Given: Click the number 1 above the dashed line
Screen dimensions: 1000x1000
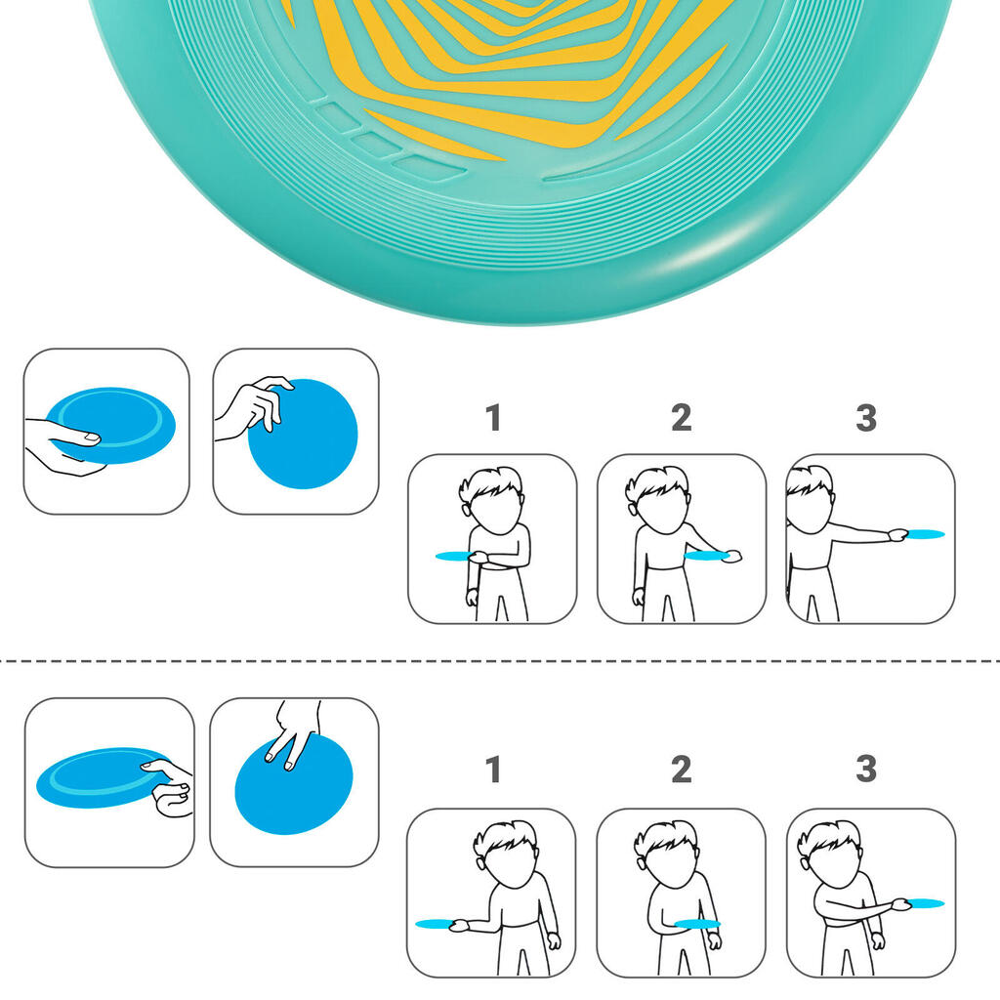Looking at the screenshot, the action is pos(493,418).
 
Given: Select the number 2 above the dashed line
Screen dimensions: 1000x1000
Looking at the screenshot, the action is pos(681,418).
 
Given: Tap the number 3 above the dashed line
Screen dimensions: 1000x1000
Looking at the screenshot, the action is pos(866,418).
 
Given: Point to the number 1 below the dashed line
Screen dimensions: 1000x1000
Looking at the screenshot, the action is pos(493,770).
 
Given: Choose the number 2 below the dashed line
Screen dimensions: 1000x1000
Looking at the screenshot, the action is pos(681,770).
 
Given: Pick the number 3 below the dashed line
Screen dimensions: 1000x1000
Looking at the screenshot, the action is pos(866,770).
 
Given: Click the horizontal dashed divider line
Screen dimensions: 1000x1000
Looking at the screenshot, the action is pos(500,661).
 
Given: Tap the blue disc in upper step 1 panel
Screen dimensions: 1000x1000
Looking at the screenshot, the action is pos(454,556).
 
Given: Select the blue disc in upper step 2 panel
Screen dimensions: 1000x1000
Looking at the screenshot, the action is pos(705,556).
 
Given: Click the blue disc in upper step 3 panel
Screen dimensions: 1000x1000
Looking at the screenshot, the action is pos(926,534).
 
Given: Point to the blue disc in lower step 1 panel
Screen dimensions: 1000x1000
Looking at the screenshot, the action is pos(435,924).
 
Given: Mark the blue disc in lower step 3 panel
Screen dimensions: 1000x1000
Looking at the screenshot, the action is pos(926,902).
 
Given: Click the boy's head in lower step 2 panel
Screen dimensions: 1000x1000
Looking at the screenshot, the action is pos(663,853).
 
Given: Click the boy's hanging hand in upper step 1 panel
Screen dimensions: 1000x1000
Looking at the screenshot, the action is pos(472,598).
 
